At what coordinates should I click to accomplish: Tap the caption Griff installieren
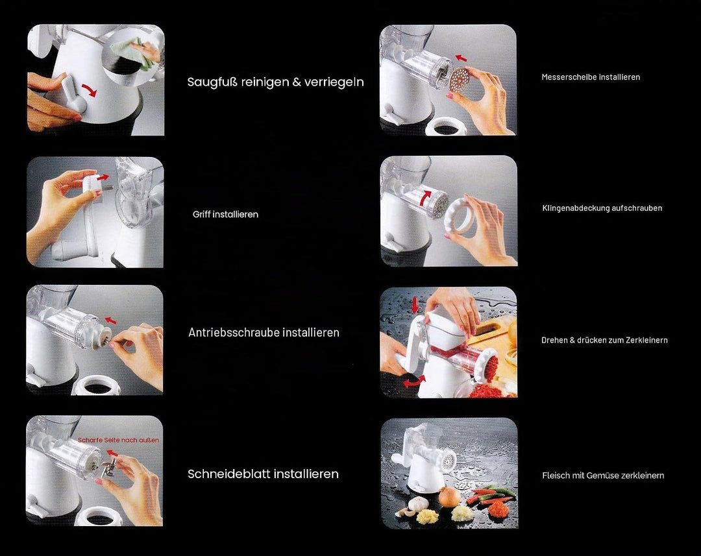[225, 215]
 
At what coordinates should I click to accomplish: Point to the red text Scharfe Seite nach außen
[119, 440]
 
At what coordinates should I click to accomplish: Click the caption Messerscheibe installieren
[591, 77]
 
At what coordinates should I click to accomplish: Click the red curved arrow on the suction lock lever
[90, 90]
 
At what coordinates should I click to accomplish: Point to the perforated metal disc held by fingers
[462, 80]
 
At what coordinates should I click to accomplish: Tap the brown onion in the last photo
[449, 496]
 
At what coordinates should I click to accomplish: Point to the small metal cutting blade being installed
[108, 468]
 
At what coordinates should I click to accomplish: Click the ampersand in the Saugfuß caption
[297, 82]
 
